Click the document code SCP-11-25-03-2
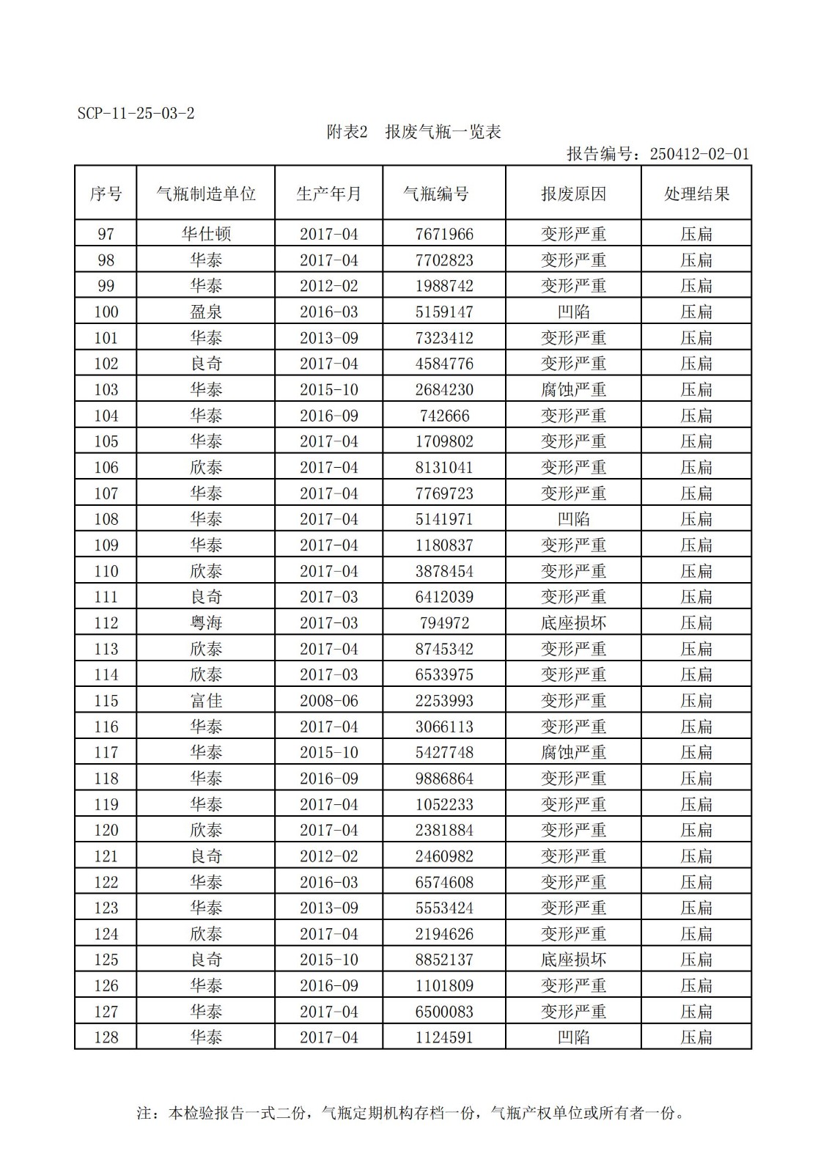click(x=136, y=114)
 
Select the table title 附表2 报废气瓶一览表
click(x=413, y=132)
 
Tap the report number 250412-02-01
click(x=657, y=154)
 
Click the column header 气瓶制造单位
click(x=206, y=194)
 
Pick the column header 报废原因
click(x=573, y=194)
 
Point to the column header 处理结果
click(x=696, y=194)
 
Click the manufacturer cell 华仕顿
click(x=206, y=234)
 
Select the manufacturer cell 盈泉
click(x=206, y=312)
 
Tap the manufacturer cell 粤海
click(x=206, y=623)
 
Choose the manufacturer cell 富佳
click(x=206, y=701)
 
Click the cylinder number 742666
click(x=444, y=416)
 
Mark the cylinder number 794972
click(x=444, y=623)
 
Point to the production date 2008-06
click(x=328, y=701)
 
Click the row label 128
click(x=106, y=1037)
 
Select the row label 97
click(x=106, y=234)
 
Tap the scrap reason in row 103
click(x=573, y=389)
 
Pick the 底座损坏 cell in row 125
click(x=573, y=960)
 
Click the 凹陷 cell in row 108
click(x=573, y=519)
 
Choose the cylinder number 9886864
click(x=444, y=779)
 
